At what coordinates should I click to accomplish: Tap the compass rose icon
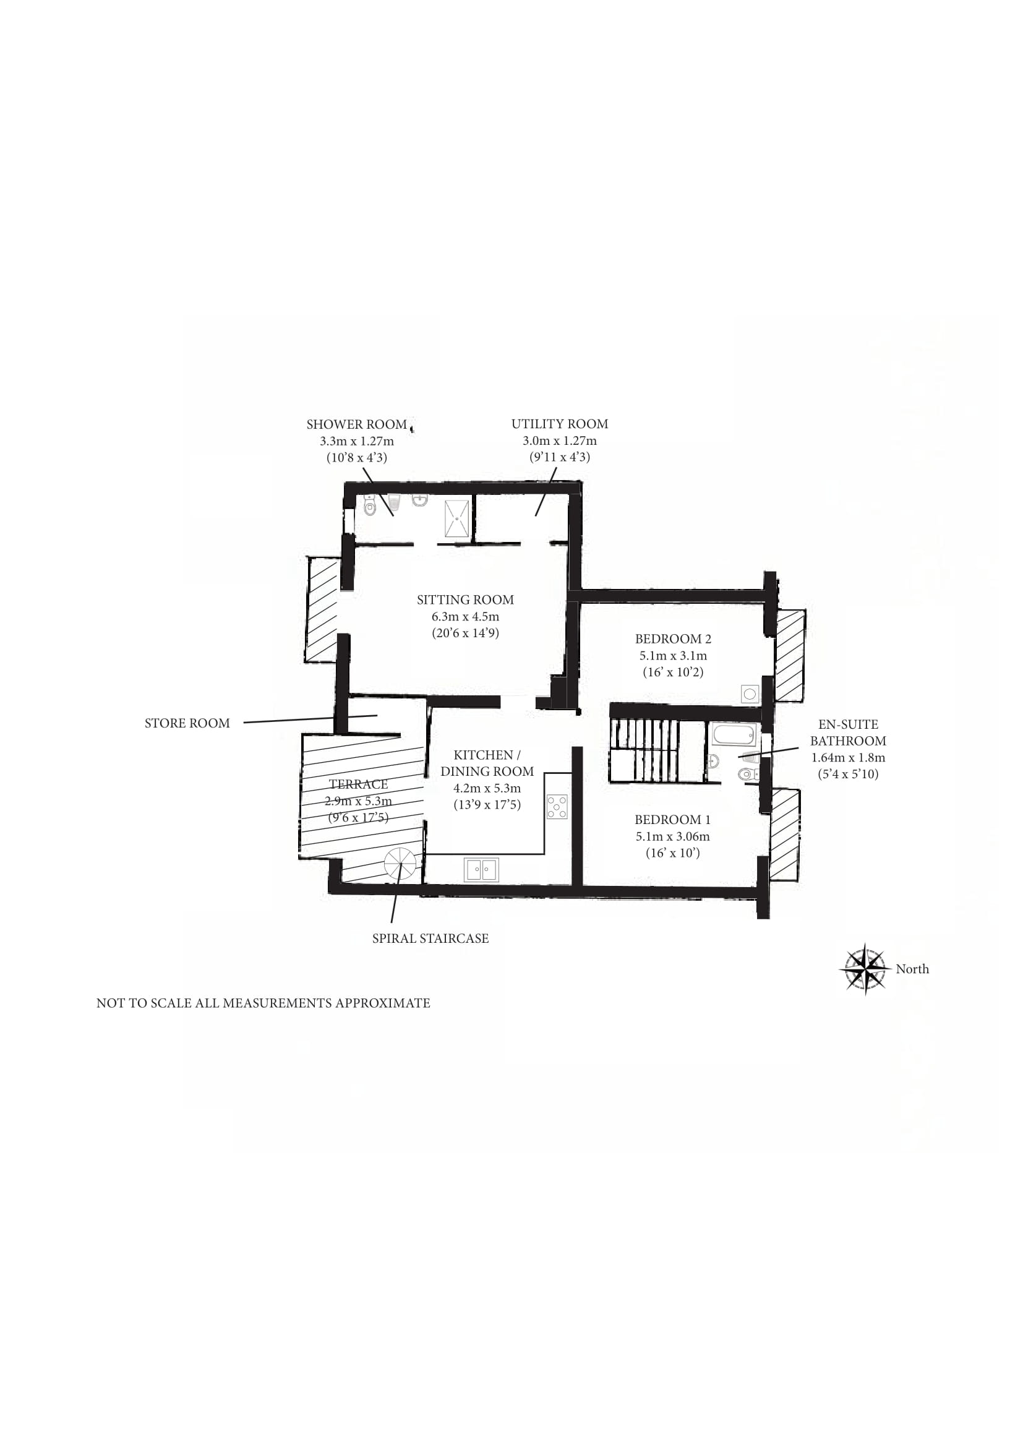[x=865, y=969]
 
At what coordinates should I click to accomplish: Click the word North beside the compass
[x=912, y=969]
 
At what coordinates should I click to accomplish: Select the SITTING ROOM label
[x=466, y=599]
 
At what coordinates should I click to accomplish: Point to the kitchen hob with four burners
[x=557, y=807]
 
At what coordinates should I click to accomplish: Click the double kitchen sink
[x=481, y=870]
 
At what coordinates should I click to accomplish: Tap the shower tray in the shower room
[x=456, y=518]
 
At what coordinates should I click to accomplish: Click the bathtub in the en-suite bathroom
[x=734, y=735]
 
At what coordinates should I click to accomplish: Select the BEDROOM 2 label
[x=673, y=638]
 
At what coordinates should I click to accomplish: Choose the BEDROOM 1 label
[x=673, y=819]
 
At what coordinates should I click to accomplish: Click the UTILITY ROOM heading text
[x=559, y=424]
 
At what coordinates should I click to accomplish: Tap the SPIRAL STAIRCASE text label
[x=430, y=938]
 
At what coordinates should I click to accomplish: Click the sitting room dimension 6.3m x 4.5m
[x=466, y=616]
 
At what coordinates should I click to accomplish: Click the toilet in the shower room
[x=370, y=506]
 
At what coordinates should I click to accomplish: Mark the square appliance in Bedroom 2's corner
[x=750, y=695]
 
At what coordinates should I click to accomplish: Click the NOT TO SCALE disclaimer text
[x=263, y=1003]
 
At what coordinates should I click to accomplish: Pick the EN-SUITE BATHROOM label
[x=848, y=732]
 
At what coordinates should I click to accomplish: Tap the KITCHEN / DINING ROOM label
[x=487, y=763]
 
